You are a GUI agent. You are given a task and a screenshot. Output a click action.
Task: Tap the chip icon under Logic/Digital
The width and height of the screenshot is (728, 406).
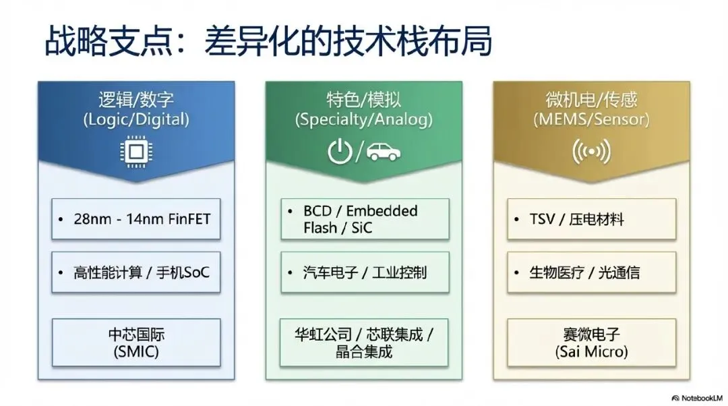[136, 152]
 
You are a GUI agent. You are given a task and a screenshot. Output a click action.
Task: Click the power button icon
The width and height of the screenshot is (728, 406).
[340, 152]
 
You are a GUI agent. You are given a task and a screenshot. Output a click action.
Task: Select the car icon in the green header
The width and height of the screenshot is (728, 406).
[384, 152]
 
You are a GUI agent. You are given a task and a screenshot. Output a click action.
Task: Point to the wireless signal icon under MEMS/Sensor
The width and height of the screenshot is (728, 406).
[591, 152]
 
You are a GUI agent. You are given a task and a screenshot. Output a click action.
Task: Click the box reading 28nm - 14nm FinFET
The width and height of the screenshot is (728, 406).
[137, 219]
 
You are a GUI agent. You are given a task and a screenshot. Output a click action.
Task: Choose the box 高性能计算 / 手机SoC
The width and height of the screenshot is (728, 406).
[137, 272]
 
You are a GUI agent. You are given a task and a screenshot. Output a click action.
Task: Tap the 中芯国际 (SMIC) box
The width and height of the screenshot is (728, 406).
[137, 343]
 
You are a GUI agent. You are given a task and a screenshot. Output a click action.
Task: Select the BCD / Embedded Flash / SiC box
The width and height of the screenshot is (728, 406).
[365, 219]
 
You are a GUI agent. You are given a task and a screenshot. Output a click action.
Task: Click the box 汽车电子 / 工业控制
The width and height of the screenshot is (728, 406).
[365, 272]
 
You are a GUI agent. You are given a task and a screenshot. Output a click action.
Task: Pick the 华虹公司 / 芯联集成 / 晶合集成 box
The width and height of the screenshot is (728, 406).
[365, 343]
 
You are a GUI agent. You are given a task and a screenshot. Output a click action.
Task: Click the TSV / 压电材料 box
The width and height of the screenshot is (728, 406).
[591, 219]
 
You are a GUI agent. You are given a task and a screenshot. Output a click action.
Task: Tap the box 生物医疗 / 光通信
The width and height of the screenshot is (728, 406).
[591, 272]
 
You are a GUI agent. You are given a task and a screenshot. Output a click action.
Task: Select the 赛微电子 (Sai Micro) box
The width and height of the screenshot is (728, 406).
[591, 343]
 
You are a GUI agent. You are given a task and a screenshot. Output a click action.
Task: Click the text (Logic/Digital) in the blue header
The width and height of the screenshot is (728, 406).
[136, 120]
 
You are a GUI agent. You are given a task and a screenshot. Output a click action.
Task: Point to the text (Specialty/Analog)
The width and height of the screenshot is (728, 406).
[364, 120]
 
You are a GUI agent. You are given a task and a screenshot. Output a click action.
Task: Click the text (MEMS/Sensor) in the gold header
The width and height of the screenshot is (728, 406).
[591, 120]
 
